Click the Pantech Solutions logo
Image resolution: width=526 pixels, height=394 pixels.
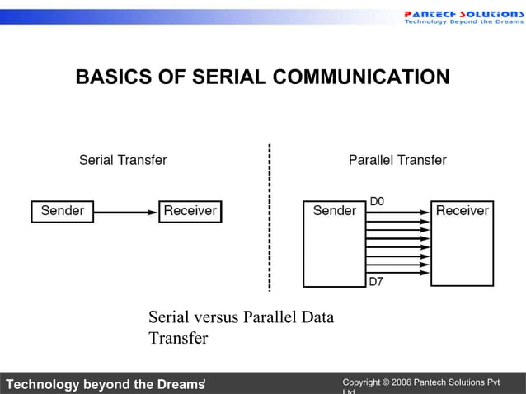coord(463,16)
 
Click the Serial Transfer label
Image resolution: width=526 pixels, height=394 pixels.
coord(123,160)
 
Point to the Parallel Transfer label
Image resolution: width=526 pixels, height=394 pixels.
coord(397,160)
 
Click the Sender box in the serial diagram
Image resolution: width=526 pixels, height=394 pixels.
coord(63,211)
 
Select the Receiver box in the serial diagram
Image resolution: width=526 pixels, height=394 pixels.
coord(190,211)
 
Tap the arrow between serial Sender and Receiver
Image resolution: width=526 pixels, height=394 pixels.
coord(125,212)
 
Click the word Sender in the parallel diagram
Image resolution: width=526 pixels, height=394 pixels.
coord(334,211)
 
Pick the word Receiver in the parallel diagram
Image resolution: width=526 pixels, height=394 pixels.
coord(462,211)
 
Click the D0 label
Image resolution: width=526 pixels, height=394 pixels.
coord(376,201)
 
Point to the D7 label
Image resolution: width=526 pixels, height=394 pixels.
coord(376,282)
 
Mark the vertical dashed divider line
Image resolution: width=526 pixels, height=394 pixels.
coord(269,218)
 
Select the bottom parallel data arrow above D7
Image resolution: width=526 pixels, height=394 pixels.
coord(397,274)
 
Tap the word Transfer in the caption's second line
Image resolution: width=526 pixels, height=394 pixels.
coord(178,339)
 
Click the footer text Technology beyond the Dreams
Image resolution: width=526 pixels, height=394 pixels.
coord(104,384)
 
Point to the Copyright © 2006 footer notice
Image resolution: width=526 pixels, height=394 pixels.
coord(420,383)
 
